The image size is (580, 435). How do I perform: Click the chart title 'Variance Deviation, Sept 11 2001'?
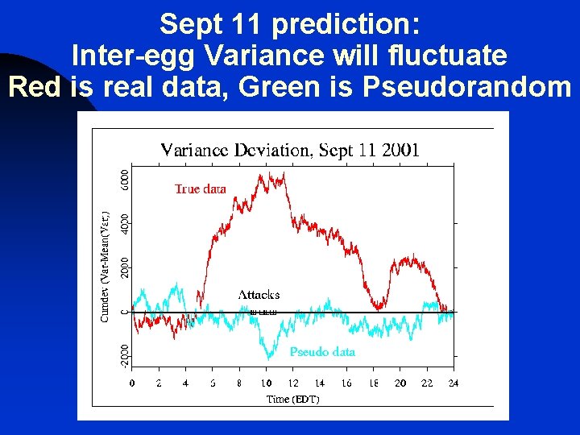(x=290, y=150)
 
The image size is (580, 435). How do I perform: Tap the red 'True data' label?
(x=201, y=189)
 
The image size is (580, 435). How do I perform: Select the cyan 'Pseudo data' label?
(x=322, y=352)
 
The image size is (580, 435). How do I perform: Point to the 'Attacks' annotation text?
(x=259, y=295)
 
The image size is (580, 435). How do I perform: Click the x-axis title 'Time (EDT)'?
(x=293, y=400)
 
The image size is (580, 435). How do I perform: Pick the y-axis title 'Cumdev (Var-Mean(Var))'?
(x=105, y=266)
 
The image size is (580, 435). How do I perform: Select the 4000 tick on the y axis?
(x=124, y=224)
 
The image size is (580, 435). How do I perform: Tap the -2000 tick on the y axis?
(x=124, y=354)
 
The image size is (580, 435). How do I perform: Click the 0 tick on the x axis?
(x=132, y=383)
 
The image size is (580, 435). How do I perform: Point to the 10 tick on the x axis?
(x=266, y=383)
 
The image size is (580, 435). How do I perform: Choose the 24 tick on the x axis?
(x=454, y=383)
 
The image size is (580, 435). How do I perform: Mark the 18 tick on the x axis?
(x=373, y=383)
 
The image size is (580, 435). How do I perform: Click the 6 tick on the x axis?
(x=213, y=383)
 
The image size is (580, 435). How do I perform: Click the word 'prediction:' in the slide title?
(x=346, y=25)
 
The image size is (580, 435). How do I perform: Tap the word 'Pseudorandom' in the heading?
(x=467, y=85)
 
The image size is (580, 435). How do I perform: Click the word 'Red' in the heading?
(x=35, y=85)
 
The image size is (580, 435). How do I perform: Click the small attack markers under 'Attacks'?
(x=263, y=312)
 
